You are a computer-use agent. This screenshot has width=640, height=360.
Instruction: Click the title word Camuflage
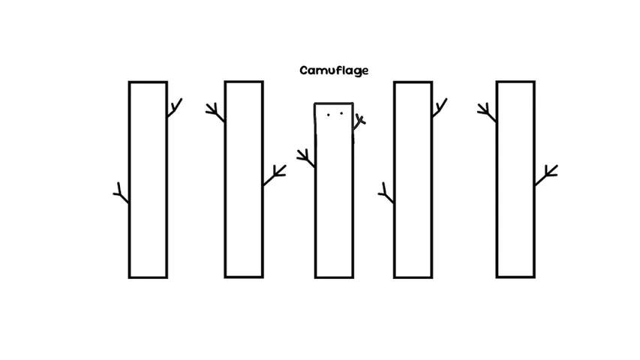334,70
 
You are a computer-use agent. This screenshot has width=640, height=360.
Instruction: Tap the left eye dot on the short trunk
328,115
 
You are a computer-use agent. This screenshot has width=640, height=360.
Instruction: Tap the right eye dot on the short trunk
341,113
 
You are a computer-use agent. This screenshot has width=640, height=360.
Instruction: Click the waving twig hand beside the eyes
359,121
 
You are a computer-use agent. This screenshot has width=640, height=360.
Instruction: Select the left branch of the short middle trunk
305,158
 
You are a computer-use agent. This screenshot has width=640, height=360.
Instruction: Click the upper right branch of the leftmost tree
175,107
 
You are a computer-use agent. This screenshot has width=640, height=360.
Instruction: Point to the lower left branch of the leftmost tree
122,193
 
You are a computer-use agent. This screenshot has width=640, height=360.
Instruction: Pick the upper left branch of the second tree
215,112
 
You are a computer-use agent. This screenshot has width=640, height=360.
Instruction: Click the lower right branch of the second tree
275,175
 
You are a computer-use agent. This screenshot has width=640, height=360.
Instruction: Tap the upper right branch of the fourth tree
440,107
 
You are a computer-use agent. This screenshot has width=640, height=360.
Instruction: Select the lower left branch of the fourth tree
386,193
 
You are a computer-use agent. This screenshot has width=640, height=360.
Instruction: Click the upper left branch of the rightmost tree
487,112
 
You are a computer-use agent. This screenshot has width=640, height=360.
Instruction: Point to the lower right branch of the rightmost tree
546,175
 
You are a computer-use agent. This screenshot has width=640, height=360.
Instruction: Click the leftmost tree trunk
148,179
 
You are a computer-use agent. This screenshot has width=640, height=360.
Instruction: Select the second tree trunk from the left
244,179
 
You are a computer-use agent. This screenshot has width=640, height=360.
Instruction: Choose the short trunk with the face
334,190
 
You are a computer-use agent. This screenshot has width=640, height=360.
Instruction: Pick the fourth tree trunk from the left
413,179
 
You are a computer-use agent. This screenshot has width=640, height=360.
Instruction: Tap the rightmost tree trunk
515,179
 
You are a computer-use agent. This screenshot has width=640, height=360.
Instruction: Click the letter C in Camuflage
304,70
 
